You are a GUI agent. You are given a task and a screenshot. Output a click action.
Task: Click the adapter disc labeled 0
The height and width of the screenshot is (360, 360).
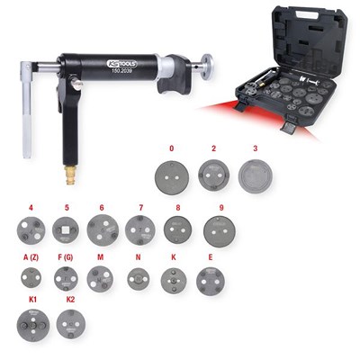click(x=171, y=172)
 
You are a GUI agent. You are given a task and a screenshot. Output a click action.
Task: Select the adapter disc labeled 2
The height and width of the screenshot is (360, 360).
click(x=213, y=172)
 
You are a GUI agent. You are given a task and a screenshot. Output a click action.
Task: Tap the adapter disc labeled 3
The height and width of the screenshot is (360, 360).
click(x=256, y=173)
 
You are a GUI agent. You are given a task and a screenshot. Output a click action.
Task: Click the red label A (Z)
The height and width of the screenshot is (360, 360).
click(x=31, y=256)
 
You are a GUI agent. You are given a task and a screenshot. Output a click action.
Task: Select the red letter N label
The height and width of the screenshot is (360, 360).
click(x=137, y=256)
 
